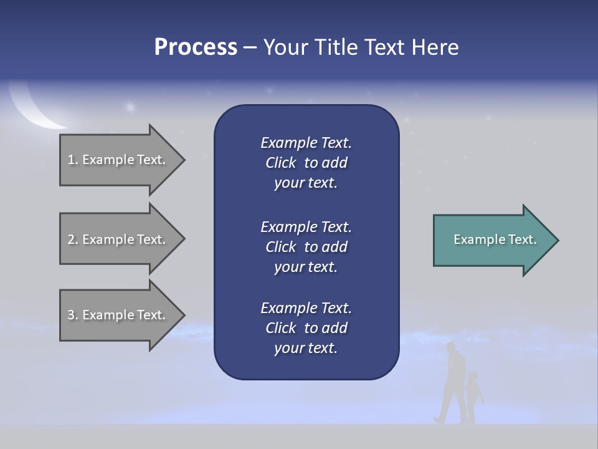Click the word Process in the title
tap(196, 47)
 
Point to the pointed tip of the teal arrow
tap(556, 240)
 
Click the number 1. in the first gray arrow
tap(72, 160)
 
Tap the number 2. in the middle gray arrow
tap(72, 239)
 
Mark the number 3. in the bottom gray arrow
tap(72, 315)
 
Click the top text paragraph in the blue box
tap(306, 163)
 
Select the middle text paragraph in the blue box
tap(306, 246)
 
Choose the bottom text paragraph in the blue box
tap(306, 328)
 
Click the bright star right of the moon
tap(130, 107)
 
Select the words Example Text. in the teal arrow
tap(495, 239)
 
